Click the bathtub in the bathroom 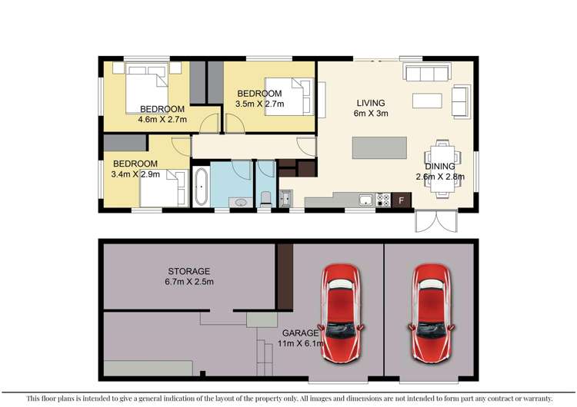click(x=200, y=187)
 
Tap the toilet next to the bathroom click(x=265, y=198)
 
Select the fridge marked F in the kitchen click(x=401, y=200)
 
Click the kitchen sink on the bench click(x=362, y=200)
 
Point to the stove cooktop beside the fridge click(x=382, y=200)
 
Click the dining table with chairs click(x=441, y=165)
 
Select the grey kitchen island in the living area click(x=379, y=147)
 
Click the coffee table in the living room click(x=427, y=101)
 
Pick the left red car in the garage click(x=341, y=313)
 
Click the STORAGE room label click(x=188, y=271)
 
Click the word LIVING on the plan click(x=369, y=103)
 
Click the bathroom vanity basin click(x=240, y=202)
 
